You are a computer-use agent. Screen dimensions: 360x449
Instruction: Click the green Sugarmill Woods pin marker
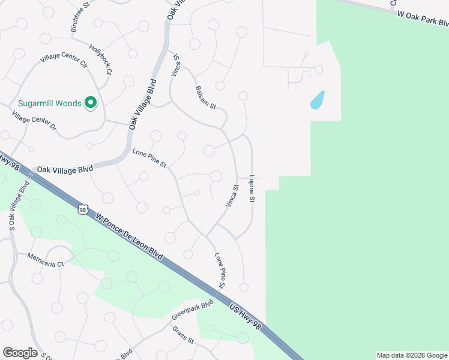click(91, 103)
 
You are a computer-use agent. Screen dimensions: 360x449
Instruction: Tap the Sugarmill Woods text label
click(50, 103)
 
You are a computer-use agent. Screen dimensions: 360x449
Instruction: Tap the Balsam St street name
click(205, 97)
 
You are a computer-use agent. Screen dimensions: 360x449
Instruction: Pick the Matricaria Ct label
click(45, 259)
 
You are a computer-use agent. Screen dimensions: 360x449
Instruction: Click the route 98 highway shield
click(83, 209)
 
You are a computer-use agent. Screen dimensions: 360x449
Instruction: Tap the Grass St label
click(183, 335)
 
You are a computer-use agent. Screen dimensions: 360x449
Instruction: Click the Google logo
click(20, 353)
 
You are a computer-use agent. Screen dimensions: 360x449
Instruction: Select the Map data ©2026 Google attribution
click(412, 355)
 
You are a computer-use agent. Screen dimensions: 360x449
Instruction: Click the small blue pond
click(317, 100)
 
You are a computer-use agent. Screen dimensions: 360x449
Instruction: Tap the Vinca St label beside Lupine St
click(232, 196)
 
